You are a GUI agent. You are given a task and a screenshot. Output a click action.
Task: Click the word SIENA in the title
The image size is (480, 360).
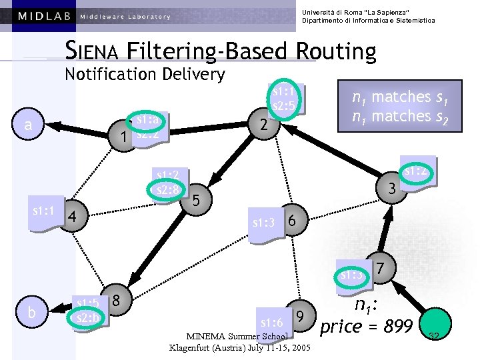[93, 51]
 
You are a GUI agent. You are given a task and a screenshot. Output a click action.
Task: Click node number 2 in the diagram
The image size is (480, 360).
[264, 125]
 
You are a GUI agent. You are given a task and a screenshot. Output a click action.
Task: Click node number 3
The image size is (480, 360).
[393, 189]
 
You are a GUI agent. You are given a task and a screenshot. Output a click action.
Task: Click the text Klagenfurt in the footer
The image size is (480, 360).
[194, 348]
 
